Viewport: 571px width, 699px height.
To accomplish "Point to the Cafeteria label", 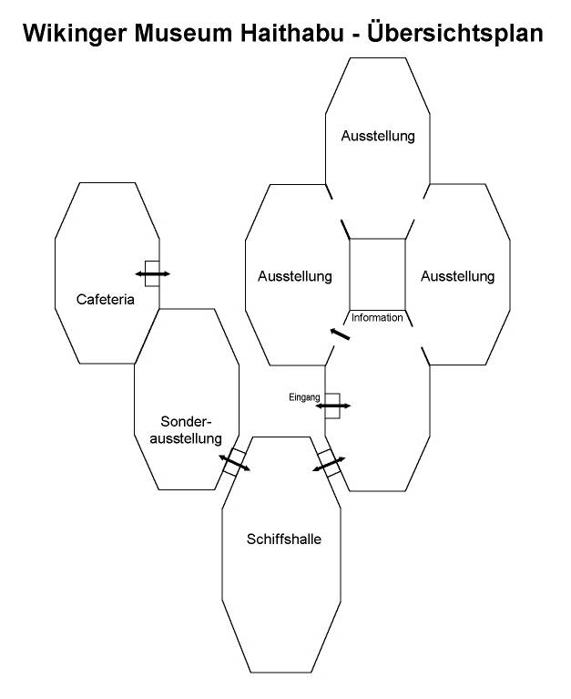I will (106, 299).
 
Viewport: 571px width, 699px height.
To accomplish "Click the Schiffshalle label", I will (284, 539).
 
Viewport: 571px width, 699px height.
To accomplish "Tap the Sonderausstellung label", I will (190, 429).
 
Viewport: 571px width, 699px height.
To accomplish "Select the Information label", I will (377, 318).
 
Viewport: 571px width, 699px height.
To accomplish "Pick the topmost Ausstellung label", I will (378, 137).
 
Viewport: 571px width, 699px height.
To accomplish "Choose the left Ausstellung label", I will (294, 275).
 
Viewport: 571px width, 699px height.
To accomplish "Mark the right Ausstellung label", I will (457, 275).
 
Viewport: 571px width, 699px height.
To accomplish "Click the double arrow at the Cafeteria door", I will (152, 272).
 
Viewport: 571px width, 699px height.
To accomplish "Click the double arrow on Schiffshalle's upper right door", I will (329, 464).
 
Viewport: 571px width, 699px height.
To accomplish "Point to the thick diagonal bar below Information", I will (340, 334).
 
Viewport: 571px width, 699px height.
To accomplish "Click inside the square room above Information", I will (378, 272).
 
